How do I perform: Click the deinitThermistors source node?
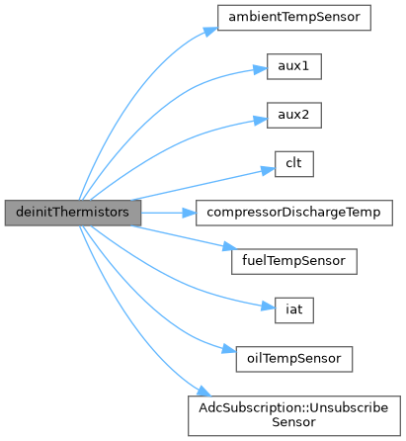tap(73, 213)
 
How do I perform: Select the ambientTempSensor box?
tap(294, 18)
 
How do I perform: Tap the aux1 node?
tap(294, 66)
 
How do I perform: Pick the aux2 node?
tap(294, 115)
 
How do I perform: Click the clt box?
tap(294, 164)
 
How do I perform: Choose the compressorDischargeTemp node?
tap(294, 213)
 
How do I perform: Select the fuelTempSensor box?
tap(294, 261)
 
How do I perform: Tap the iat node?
tap(294, 310)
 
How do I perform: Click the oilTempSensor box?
tap(294, 359)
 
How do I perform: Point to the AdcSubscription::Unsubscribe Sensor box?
tap(294, 415)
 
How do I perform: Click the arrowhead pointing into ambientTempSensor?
tap(210, 32)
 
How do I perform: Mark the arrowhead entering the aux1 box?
tap(260, 69)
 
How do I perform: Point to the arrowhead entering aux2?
tap(260, 120)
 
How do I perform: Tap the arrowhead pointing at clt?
tap(268, 170)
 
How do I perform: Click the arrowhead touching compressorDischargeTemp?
tap(189, 213)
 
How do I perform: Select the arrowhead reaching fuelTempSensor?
tap(229, 246)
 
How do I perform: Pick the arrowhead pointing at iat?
tap(268, 307)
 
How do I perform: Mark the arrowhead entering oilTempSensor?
tap(229, 349)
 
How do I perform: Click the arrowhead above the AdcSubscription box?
tap(204, 391)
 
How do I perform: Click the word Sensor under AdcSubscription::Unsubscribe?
tap(294, 422)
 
